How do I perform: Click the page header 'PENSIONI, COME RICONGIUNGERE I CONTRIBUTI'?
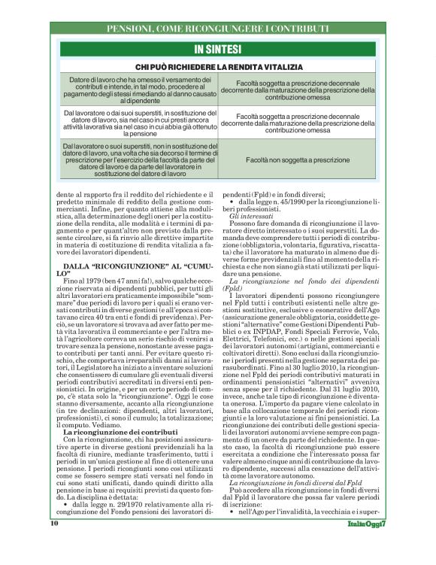pos(218,29)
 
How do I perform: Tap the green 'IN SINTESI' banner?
pos(218,50)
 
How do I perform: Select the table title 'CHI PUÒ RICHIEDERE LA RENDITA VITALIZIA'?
pos(217,67)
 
